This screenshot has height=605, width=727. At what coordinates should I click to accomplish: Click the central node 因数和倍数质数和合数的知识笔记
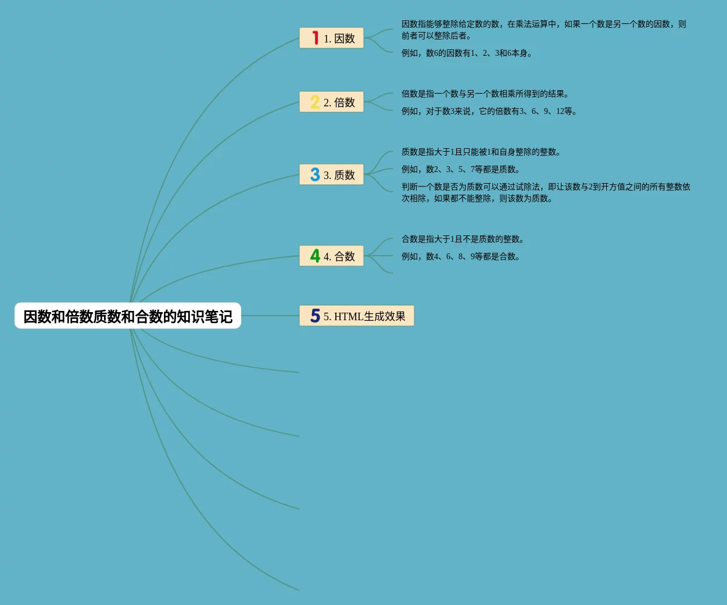click(x=128, y=316)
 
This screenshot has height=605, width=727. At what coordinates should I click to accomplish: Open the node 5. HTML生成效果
click(x=364, y=316)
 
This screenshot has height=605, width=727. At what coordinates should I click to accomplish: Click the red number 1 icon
click(x=315, y=38)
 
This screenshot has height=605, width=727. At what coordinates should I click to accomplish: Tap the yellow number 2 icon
click(x=315, y=102)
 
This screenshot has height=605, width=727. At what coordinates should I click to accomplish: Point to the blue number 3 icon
click(x=315, y=175)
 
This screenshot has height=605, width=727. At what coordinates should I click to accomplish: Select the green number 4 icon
click(x=315, y=256)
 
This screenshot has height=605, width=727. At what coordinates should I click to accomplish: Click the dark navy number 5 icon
click(x=315, y=316)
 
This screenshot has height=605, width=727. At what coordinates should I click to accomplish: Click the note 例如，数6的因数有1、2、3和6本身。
click(x=467, y=53)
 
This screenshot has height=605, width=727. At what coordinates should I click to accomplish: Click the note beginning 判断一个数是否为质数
click(x=545, y=192)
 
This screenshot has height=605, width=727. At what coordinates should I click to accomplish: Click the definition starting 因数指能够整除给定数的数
click(x=543, y=30)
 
